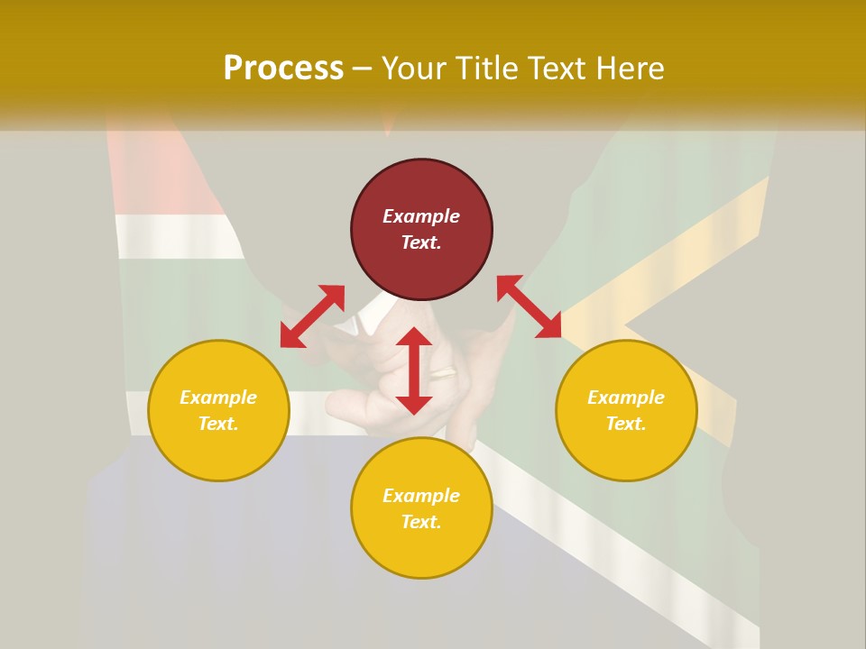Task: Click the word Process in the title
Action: [x=283, y=69]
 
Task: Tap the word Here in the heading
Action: [x=631, y=69]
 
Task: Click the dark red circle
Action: [x=421, y=189]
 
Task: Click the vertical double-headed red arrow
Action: [x=414, y=370]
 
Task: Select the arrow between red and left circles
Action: [x=312, y=316]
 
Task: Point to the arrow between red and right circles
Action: [x=529, y=306]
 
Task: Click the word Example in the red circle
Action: [x=421, y=216]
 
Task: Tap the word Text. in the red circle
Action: [x=421, y=242]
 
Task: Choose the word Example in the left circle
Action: [x=218, y=398]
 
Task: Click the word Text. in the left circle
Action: [x=218, y=424]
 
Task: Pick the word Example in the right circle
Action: [x=626, y=398]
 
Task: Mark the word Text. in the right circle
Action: [x=626, y=424]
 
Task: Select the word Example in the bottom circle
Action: [x=421, y=496]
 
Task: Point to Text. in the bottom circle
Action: [x=421, y=522]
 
